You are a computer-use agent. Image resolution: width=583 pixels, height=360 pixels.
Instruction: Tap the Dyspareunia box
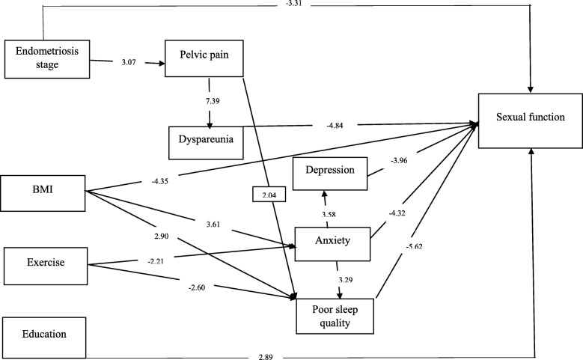click(206, 138)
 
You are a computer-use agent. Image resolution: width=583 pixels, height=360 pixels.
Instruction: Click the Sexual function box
click(529, 119)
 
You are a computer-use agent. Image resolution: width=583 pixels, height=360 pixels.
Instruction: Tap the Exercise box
click(46, 263)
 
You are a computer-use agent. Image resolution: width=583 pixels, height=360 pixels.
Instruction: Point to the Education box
click(43, 334)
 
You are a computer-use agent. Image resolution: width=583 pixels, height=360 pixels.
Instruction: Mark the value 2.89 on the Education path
click(282, 350)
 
